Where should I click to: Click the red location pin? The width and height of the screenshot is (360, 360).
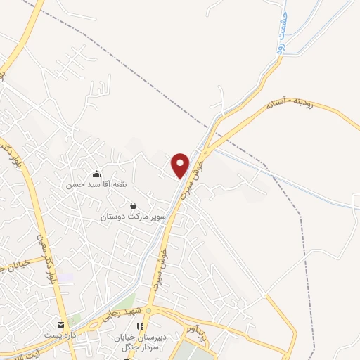pos(181,165)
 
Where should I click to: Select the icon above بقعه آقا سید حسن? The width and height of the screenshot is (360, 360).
pos(96,174)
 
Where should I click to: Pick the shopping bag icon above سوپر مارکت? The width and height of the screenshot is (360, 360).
pos(133,206)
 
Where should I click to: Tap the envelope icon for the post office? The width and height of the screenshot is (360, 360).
pos(60,325)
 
